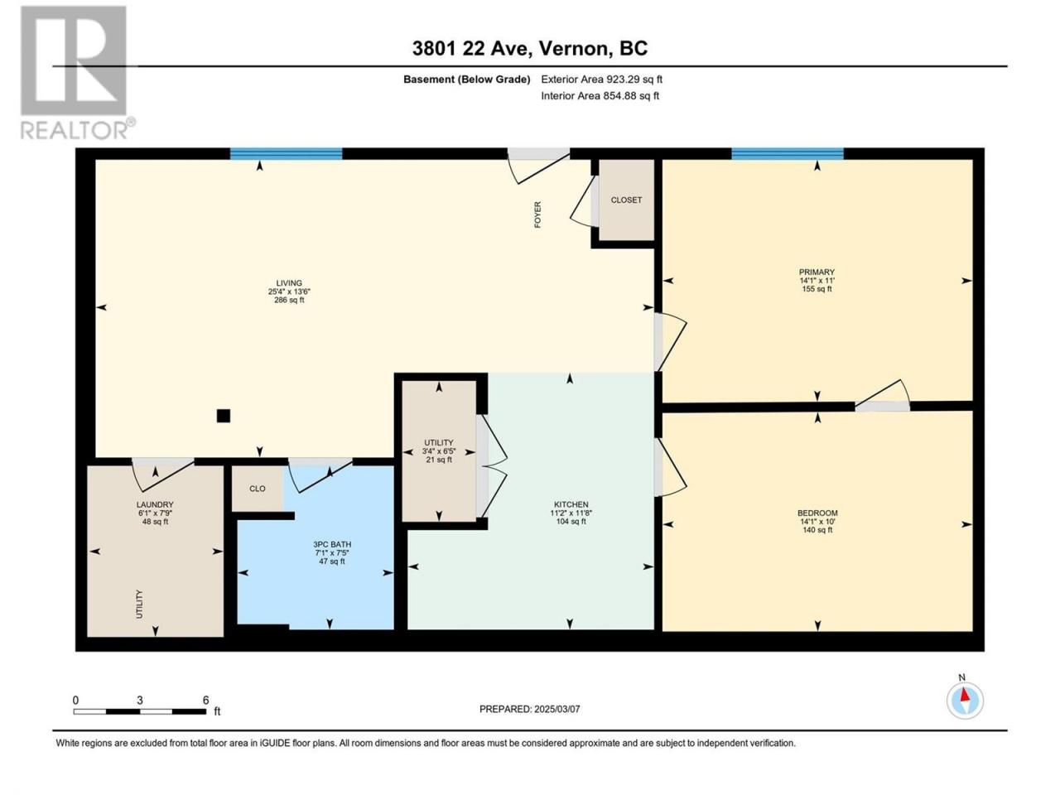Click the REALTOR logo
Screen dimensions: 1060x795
(x=76, y=72)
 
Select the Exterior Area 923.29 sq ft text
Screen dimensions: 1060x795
(x=602, y=79)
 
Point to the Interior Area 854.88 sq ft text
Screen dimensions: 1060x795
(x=600, y=95)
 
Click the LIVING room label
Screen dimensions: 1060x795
(x=289, y=283)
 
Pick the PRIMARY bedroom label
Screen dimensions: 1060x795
(x=817, y=272)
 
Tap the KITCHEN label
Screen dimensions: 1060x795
(x=571, y=505)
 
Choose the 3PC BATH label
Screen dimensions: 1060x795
(x=332, y=544)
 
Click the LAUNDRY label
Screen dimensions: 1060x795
(x=155, y=505)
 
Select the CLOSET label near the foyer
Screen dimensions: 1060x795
(x=626, y=200)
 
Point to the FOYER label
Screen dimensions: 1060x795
(x=537, y=214)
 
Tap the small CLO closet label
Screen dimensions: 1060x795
(x=257, y=489)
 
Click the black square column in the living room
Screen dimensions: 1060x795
(x=223, y=416)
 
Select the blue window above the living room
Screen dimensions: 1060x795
(x=286, y=153)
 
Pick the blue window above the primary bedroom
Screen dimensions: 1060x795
(x=788, y=153)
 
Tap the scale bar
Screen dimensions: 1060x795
(x=140, y=711)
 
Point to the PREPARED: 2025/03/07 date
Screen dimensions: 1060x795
(x=529, y=710)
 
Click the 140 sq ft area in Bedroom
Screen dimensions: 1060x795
(x=817, y=530)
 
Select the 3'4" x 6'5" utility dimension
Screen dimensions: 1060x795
(x=438, y=451)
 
